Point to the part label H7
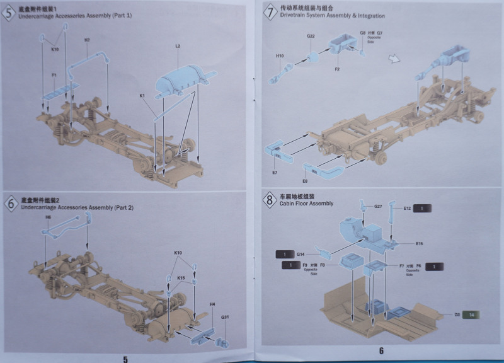[87, 40]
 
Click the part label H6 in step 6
[48, 217]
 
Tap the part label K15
[181, 278]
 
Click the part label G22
[311, 36]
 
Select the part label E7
[275, 172]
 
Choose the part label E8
[305, 181]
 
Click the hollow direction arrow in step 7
[394, 59]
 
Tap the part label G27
[378, 206]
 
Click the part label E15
[419, 243]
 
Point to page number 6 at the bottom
[381, 351]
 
